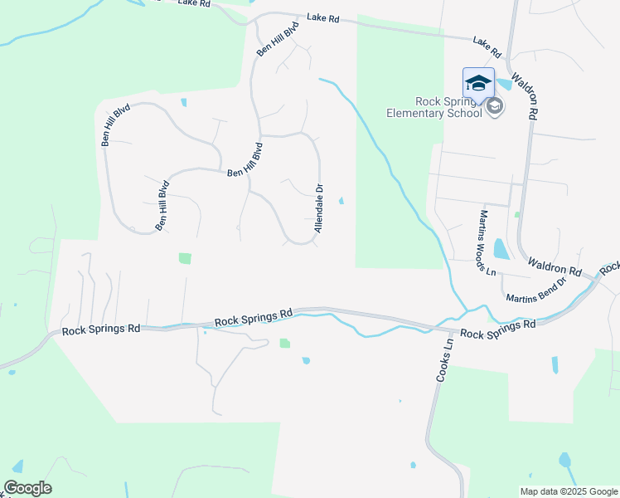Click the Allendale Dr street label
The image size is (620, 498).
tap(318, 208)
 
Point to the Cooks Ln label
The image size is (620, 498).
tap(444, 359)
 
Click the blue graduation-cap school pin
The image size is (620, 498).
tap(478, 84)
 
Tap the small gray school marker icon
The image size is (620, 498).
tap(495, 106)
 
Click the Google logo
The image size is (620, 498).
tap(27, 488)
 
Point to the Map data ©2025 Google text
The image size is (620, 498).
tap(567, 491)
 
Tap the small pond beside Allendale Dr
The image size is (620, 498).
tap(342, 199)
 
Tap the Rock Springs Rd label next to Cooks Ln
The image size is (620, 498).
tap(497, 330)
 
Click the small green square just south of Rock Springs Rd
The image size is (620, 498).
tap(285, 343)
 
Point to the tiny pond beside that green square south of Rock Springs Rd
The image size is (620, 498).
tap(306, 360)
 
